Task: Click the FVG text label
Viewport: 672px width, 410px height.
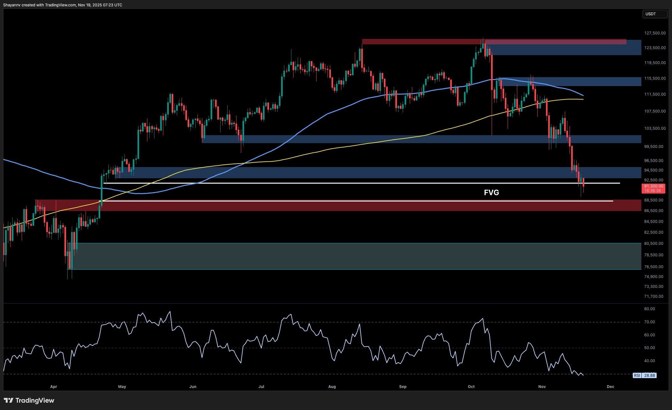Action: tap(491, 193)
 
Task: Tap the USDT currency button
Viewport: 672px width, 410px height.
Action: tap(654, 14)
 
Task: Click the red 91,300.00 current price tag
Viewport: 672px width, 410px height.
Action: tap(653, 188)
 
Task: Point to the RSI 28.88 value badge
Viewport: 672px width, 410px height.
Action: tap(644, 375)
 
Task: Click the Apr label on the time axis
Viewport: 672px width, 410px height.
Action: tap(54, 387)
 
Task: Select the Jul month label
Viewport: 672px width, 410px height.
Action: tap(261, 387)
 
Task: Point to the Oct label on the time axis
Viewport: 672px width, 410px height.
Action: tap(471, 387)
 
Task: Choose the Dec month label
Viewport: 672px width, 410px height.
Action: tap(610, 387)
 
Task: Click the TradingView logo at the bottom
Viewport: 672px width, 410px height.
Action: tap(29, 400)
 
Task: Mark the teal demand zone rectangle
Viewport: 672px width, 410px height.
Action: tap(351, 256)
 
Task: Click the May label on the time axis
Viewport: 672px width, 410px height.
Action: tap(122, 387)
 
